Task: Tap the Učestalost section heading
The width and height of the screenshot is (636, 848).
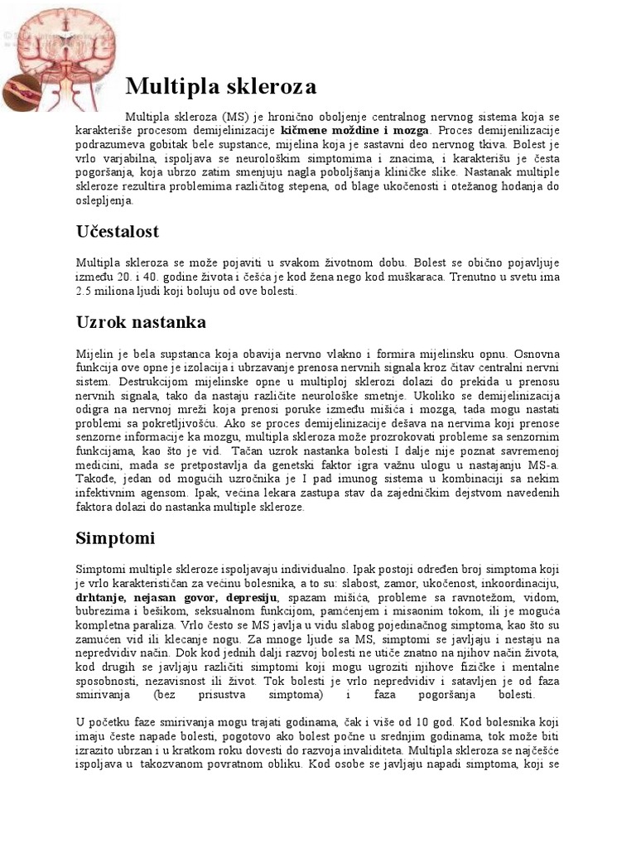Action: pyautogui.click(x=117, y=231)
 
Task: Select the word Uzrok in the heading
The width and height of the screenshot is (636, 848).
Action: pyautogui.click(x=101, y=321)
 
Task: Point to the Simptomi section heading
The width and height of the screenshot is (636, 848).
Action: pyautogui.click(x=115, y=537)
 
